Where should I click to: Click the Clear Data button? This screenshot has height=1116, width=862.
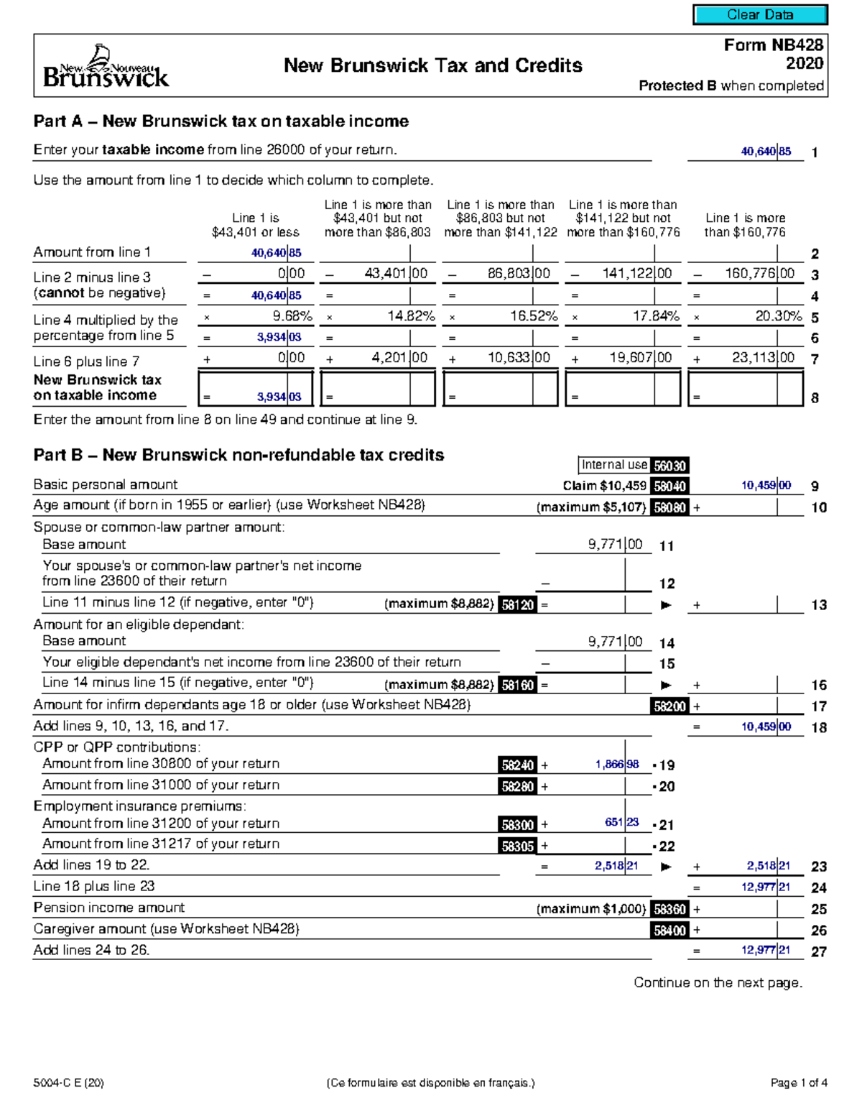760,14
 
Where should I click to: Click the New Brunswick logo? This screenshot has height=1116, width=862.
106,67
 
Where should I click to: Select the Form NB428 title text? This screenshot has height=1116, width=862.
773,45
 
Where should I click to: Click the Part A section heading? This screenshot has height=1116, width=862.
221,121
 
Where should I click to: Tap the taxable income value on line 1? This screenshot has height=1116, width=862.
766,152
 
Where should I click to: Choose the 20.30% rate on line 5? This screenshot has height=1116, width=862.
778,316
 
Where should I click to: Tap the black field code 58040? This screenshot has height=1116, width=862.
669,486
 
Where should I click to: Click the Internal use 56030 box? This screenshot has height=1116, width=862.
634,466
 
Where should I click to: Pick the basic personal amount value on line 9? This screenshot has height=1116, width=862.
766,486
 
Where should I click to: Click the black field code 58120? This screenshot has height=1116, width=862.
517,605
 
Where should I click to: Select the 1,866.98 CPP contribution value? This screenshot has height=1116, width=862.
616,765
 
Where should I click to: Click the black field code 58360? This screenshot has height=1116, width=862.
669,909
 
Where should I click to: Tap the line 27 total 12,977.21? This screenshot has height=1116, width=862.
766,950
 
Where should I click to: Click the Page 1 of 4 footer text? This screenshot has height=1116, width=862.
799,1083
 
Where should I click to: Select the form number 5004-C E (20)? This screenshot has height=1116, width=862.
68,1083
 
